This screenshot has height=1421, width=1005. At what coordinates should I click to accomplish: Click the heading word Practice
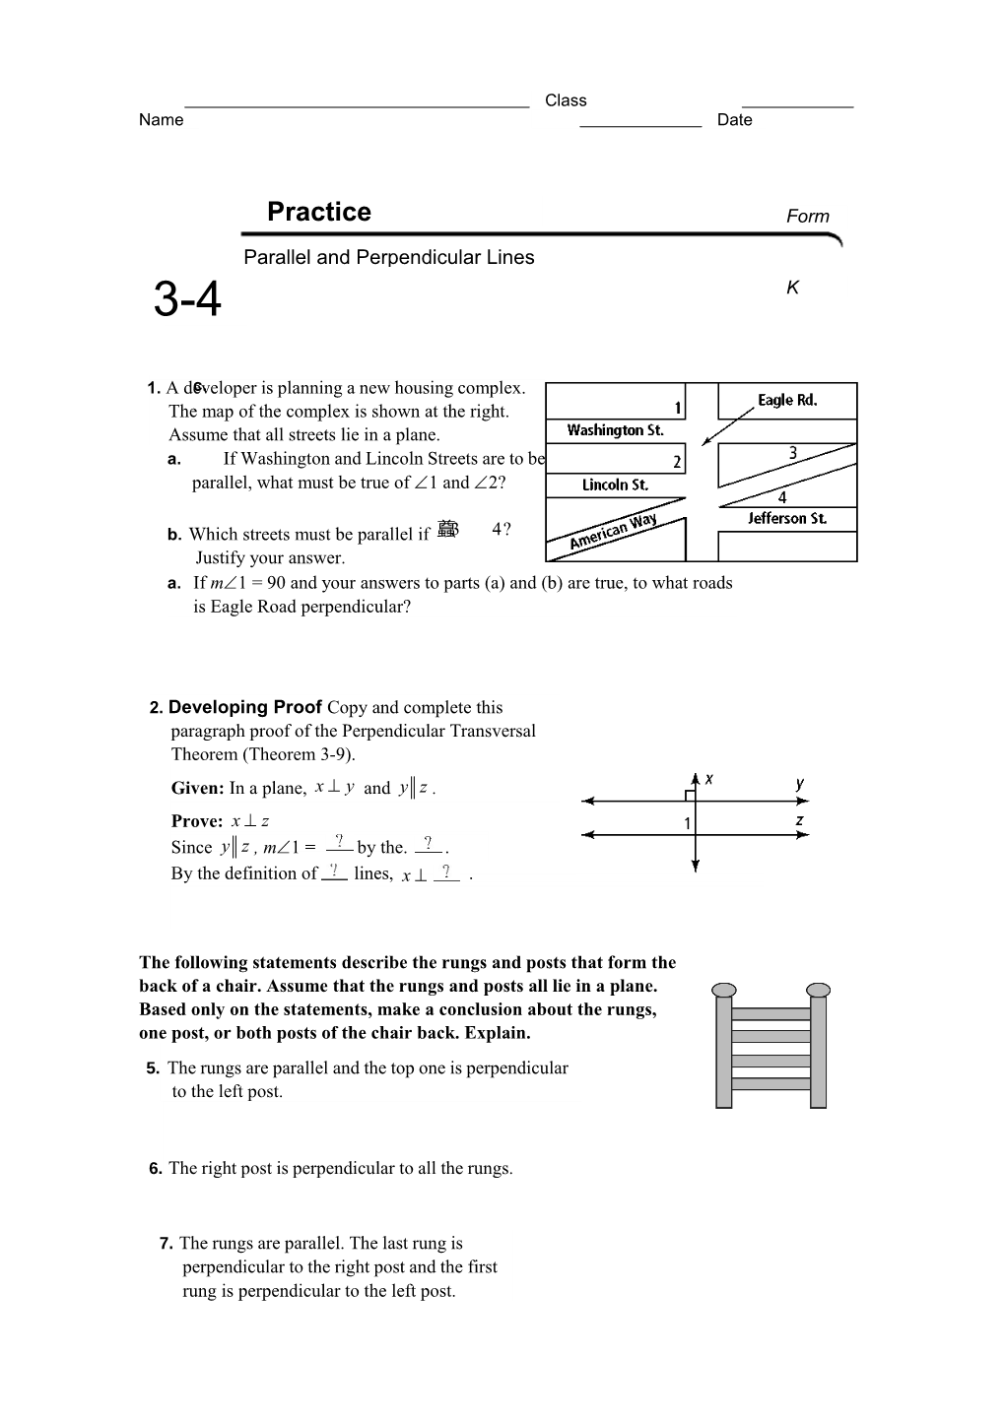coord(318,212)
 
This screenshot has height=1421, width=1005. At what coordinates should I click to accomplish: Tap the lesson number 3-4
coord(187,299)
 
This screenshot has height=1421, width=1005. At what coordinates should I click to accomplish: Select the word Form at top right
coord(807,217)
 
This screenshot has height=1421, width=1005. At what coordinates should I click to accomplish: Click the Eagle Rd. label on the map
coord(787,400)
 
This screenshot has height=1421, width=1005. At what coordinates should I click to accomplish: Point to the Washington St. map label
coord(615,430)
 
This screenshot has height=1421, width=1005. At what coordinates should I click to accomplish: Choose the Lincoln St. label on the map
coord(615,484)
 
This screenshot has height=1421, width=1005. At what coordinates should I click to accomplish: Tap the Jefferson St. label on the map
coord(786,518)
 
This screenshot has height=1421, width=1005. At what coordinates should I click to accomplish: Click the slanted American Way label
coord(613,532)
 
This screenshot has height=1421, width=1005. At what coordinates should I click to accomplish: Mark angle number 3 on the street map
coord(792,453)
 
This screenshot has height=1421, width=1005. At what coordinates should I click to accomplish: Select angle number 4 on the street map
coord(782,497)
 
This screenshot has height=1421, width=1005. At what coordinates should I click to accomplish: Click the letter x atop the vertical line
coord(708,779)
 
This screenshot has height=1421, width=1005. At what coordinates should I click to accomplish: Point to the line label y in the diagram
coord(800,784)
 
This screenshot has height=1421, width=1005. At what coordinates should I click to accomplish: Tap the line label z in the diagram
coord(800,820)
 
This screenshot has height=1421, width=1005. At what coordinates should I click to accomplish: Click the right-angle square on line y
coord(690,795)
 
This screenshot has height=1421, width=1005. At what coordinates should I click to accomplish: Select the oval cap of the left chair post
coord(724,990)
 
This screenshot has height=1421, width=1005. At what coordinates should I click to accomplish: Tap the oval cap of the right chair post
coord(819,990)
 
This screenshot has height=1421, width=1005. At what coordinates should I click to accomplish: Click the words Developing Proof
coord(245,707)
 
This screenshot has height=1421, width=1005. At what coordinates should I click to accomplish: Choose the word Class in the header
coord(566,100)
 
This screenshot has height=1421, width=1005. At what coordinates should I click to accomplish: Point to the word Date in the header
coord(734,120)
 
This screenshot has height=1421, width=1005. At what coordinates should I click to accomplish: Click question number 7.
coord(167,1244)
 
